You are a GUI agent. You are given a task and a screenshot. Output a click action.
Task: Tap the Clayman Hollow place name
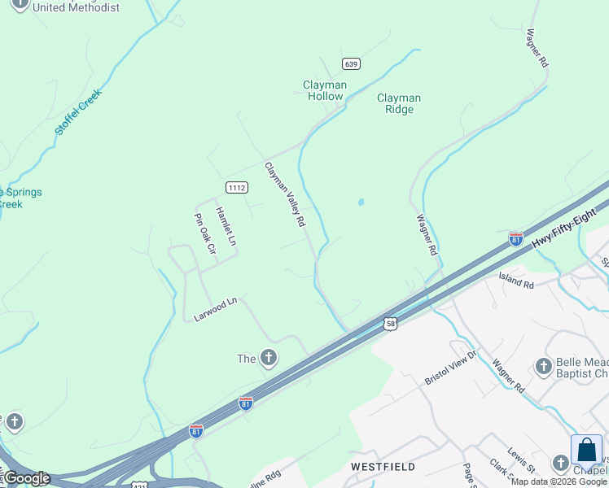pyautogui.click(x=325, y=90)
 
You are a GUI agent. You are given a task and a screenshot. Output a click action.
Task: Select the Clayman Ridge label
pyautogui.click(x=399, y=103)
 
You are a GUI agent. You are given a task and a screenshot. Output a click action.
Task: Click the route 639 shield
pyautogui.click(x=351, y=63)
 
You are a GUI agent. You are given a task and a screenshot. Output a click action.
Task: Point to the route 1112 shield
pyautogui.click(x=237, y=187)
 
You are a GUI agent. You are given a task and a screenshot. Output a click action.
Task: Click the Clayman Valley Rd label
pyautogui.click(x=285, y=194)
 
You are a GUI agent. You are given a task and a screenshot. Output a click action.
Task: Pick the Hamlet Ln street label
pyautogui.click(x=226, y=226)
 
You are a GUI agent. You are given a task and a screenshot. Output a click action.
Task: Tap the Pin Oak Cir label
pyautogui.click(x=204, y=235)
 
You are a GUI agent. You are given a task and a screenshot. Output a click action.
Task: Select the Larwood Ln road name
pyautogui.click(x=215, y=309)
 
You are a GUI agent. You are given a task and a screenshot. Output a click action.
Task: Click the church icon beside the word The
pyautogui.click(x=268, y=358)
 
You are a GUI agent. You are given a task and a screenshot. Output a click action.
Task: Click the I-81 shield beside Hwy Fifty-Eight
pyautogui.click(x=515, y=239)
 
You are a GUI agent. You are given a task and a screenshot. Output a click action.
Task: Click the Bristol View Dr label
pyautogui.click(x=454, y=368)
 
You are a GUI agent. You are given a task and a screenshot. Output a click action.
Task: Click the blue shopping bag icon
pyautogui.click(x=586, y=451)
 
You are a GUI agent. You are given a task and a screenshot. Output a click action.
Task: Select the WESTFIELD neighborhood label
pyautogui.click(x=383, y=467)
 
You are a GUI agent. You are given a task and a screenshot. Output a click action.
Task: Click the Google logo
pyautogui.click(x=26, y=478)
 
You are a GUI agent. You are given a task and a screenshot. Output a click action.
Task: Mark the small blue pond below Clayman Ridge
pyautogui.click(x=361, y=202)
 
